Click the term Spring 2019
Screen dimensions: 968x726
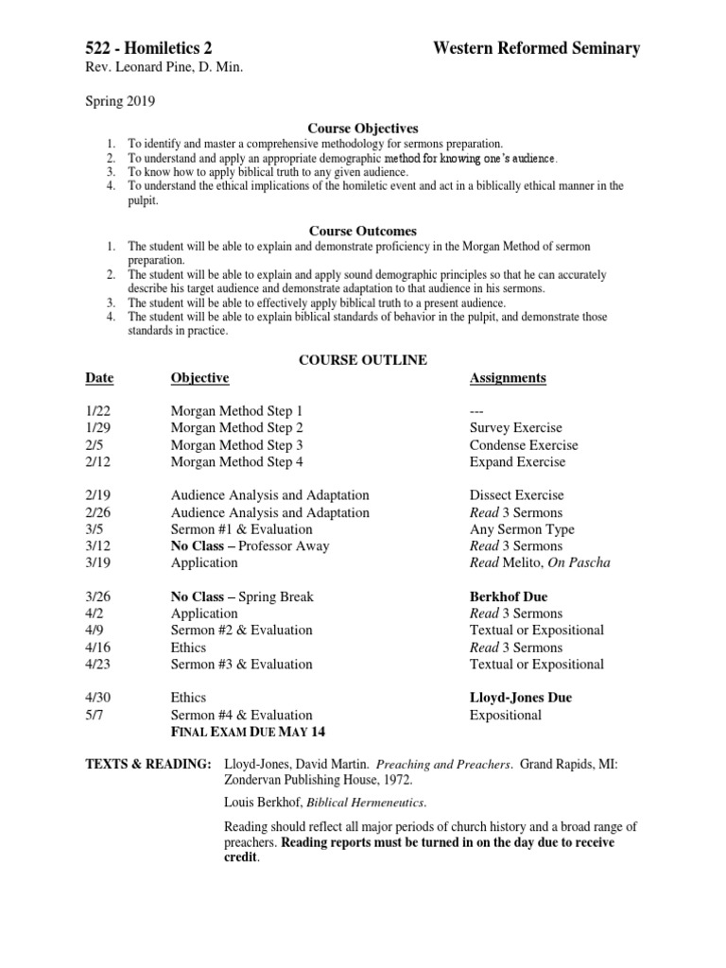click(121, 100)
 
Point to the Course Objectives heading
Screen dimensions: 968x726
click(363, 128)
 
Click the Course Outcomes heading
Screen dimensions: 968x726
click(363, 231)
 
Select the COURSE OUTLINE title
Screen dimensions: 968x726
click(363, 360)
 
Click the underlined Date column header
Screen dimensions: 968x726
click(99, 378)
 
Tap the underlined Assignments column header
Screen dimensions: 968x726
click(508, 378)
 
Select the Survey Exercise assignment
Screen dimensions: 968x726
click(515, 428)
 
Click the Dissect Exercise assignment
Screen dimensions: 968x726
click(516, 495)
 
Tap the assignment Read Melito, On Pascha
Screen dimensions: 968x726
click(540, 562)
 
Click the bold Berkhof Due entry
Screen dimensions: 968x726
click(509, 596)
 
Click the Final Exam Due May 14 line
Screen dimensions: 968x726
click(251, 733)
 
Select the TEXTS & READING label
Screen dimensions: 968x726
click(146, 763)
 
